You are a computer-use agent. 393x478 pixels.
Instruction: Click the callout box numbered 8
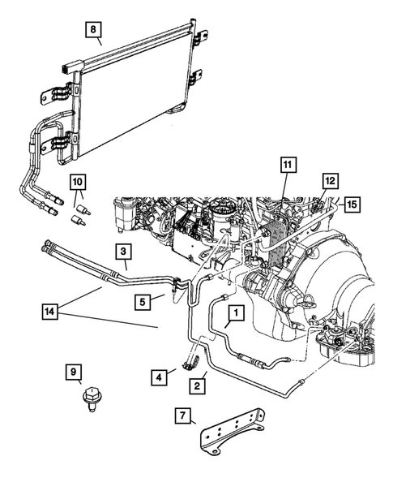point(94,32)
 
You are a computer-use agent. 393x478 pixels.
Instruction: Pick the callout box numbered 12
point(330,180)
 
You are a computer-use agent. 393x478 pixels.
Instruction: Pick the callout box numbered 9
point(75,372)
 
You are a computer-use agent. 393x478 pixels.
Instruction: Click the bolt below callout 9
point(88,401)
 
